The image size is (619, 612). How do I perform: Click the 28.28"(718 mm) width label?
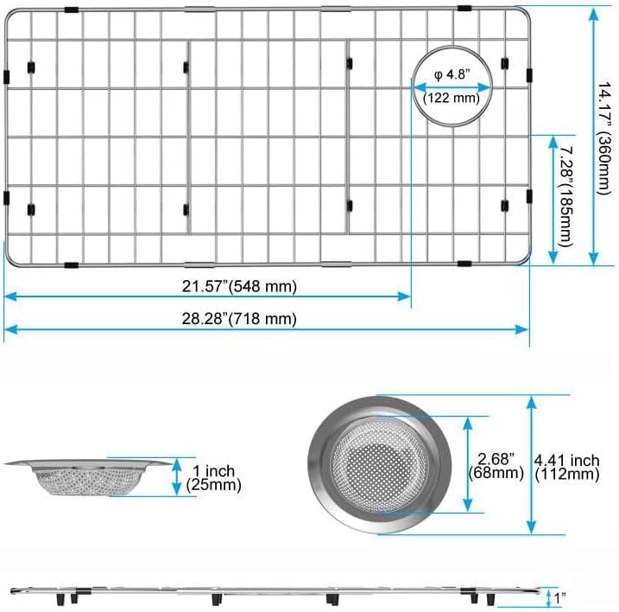tap(239, 319)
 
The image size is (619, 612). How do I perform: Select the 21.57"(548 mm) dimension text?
tap(239, 286)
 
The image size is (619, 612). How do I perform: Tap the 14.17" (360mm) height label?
tap(605, 138)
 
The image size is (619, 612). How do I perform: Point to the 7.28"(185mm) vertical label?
tap(566, 197)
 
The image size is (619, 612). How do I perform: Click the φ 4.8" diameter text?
tap(452, 74)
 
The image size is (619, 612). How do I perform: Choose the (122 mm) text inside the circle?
tap(452, 98)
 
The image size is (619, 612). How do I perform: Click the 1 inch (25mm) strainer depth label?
tap(213, 477)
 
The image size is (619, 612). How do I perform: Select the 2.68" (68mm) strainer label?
tap(496, 466)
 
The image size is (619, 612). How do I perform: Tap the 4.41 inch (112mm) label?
tap(567, 468)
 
